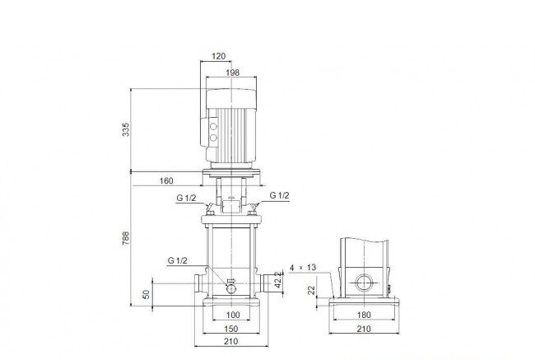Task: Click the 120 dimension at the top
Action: (x=219, y=56)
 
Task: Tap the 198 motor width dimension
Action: (x=233, y=72)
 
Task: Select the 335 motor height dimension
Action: (x=126, y=130)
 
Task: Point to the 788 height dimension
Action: (x=126, y=238)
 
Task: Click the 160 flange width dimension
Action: (x=166, y=180)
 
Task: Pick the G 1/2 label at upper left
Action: (x=186, y=198)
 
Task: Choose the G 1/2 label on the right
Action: (x=280, y=195)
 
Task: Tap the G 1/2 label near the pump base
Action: (x=178, y=260)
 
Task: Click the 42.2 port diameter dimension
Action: (x=279, y=279)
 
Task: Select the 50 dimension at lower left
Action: (x=146, y=294)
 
